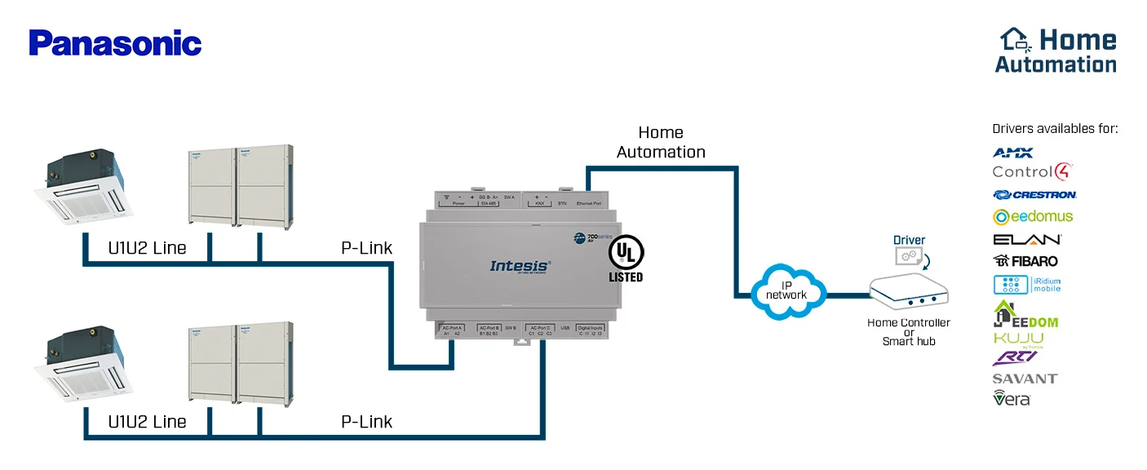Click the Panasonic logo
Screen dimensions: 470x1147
point(115,43)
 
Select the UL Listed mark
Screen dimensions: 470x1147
point(626,259)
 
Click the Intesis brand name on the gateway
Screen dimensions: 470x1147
point(520,265)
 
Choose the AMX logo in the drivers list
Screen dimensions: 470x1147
point(1012,153)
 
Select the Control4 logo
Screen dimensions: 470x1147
point(1032,172)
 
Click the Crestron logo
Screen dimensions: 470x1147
point(1034,195)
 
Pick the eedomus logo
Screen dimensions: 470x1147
point(1033,216)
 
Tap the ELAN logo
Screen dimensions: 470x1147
point(1027,239)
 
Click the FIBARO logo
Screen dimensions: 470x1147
point(1025,261)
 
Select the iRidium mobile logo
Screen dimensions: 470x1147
point(1027,285)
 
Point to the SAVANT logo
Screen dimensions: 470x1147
point(1025,379)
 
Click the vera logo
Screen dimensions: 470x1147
point(1012,398)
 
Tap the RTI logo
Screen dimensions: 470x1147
point(1014,357)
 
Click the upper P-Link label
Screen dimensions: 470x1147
point(366,248)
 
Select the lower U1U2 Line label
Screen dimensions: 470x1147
point(148,422)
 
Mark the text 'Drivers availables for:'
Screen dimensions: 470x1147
point(1055,129)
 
